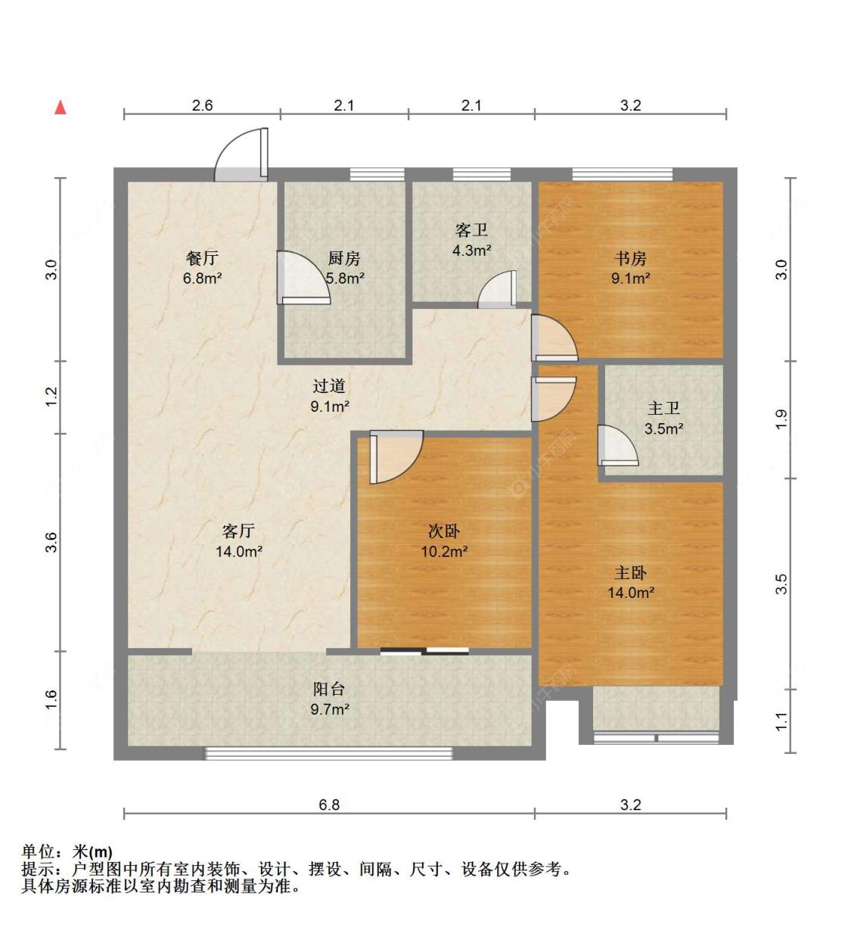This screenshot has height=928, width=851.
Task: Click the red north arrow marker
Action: point(61,107)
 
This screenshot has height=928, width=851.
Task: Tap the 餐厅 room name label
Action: point(202,259)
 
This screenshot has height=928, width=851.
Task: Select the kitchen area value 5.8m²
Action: point(346,279)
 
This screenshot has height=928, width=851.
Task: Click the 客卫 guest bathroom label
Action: point(471,230)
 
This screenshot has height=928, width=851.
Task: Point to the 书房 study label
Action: point(630,259)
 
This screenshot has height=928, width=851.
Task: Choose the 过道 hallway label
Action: point(329,386)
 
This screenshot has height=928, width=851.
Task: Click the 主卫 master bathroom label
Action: point(663,409)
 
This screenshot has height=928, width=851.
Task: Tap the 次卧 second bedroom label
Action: point(443,531)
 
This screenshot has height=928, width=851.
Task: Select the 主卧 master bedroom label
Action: point(630,573)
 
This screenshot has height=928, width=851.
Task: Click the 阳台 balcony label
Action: point(329,689)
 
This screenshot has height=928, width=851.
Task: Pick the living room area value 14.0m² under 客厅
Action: point(238,552)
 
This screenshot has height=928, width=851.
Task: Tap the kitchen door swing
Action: point(303,278)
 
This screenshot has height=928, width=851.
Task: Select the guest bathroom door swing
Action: point(498,291)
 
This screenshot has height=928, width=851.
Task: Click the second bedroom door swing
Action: point(395,456)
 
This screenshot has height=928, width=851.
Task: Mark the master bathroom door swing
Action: point(617,447)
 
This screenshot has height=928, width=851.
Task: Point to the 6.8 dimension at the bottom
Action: point(329,805)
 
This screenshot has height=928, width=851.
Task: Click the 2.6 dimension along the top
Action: point(202,105)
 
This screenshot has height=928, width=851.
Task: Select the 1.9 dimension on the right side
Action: point(781,418)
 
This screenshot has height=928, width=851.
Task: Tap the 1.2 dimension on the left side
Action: point(51,396)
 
